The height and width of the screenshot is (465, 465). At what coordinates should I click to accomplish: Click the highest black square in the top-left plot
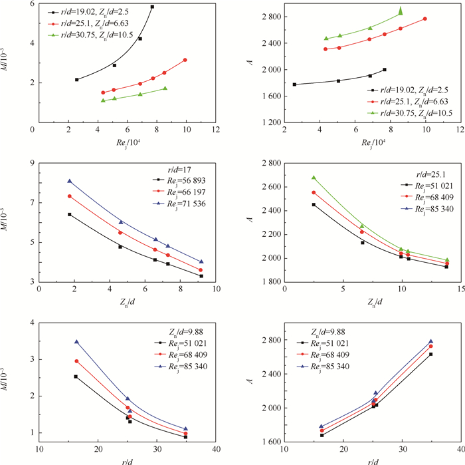coord(152,7)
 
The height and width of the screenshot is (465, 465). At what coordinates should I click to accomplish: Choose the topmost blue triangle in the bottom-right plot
coord(430,341)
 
